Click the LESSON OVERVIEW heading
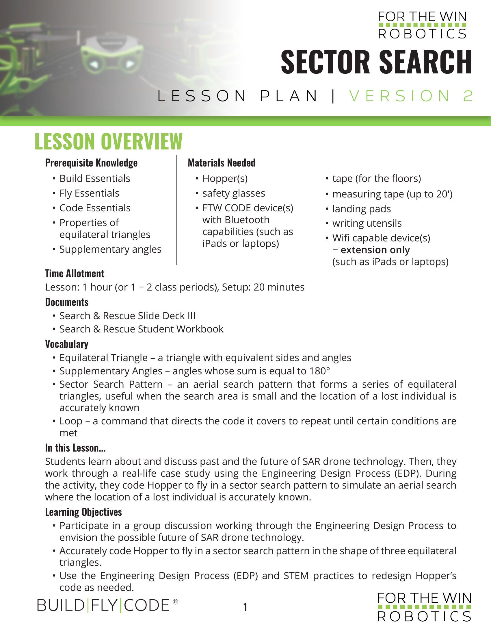point(108,142)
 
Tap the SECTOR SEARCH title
point(376,62)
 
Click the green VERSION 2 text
point(411,96)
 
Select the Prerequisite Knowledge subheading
point(91,163)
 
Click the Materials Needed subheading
point(221,163)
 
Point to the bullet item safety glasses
point(234,193)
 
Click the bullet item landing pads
point(361,209)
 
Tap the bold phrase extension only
point(375,250)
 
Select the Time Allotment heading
point(75,273)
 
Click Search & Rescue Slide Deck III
point(127,316)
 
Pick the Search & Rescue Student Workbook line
point(141,329)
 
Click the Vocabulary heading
point(67,344)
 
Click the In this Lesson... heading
point(75,448)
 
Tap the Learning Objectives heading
point(83,512)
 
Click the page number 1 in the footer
point(245,607)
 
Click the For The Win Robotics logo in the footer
point(424,607)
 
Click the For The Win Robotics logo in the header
point(422,25)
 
